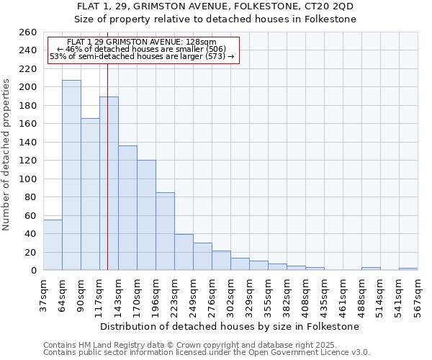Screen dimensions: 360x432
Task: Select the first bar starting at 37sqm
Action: pos(53,245)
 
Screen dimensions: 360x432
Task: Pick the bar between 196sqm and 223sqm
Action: pos(165,231)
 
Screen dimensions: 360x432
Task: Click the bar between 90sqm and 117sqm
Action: pos(90,194)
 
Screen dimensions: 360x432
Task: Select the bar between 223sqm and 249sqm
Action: pos(184,252)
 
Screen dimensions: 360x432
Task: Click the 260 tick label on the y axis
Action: pos(28,32)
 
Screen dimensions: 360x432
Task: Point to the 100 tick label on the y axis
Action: pos(28,179)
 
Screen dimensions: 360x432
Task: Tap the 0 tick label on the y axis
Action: pos(34,271)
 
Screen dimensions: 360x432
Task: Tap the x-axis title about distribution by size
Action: pos(230,326)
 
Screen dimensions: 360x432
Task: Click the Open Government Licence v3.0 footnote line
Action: pos(207,352)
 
